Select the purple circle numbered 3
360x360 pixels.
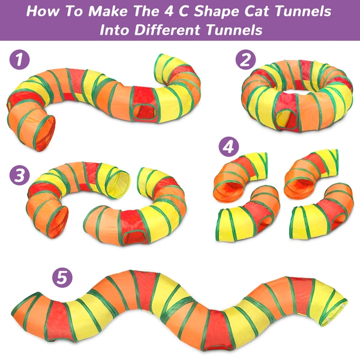pyautogui.click(x=20, y=175)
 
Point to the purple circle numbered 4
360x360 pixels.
pyautogui.click(x=227, y=146)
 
